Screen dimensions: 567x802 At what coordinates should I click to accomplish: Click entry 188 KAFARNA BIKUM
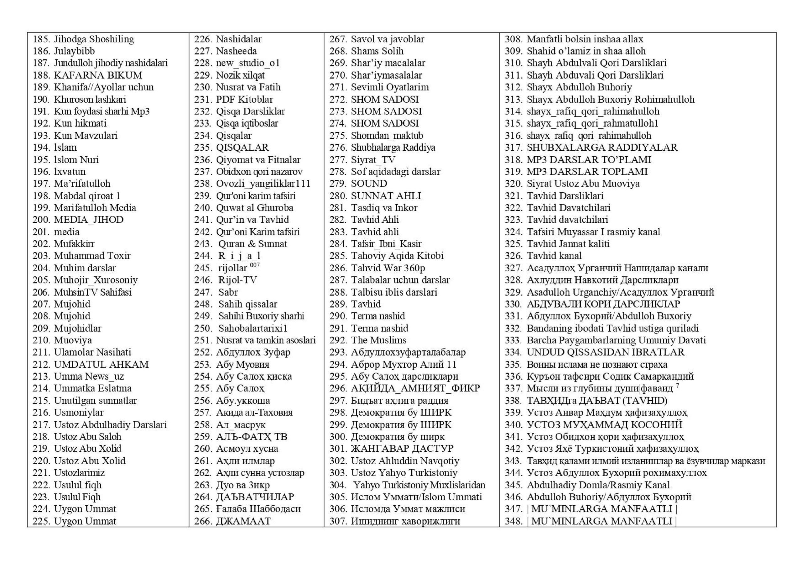(98, 75)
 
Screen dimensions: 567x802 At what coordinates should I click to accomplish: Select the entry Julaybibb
(74, 51)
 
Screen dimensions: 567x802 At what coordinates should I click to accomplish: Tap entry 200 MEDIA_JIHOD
(88, 220)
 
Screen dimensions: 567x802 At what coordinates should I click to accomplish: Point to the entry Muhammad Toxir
(92, 256)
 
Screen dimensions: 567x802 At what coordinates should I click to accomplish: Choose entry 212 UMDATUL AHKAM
(101, 364)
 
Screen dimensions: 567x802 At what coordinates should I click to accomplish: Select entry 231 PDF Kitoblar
(244, 99)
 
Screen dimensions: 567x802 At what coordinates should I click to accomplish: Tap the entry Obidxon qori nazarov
(259, 172)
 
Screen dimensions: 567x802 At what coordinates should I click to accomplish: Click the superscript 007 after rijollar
(255, 265)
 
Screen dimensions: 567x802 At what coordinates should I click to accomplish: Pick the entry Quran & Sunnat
(253, 244)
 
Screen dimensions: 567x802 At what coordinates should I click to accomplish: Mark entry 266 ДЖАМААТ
(243, 521)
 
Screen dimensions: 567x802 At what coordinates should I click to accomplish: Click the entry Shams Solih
(377, 51)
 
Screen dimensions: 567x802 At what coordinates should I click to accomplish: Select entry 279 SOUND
(369, 183)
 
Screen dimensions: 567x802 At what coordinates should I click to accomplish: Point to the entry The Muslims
(379, 340)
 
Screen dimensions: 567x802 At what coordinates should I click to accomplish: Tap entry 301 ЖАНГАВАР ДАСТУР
(402, 448)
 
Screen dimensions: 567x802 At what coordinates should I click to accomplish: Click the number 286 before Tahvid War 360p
(338, 268)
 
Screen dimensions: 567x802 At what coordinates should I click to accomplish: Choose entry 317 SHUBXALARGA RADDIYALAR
(602, 148)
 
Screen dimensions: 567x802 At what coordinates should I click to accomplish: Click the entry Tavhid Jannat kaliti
(568, 244)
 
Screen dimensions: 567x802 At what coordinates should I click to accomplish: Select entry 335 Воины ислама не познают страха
(596, 364)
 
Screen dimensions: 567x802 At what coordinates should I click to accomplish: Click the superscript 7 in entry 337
(677, 385)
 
